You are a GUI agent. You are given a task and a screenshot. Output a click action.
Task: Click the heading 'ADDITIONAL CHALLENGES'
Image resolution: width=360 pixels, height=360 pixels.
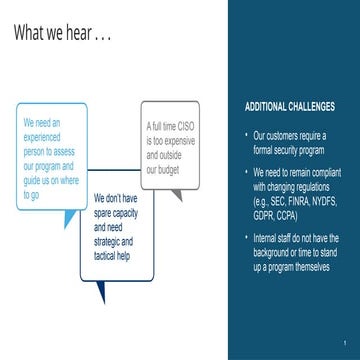(289, 106)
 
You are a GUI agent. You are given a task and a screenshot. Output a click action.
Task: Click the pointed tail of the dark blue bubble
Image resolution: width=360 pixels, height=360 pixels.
(100, 296)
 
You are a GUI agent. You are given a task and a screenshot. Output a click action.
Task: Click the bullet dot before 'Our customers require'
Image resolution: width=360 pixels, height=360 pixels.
(245, 135)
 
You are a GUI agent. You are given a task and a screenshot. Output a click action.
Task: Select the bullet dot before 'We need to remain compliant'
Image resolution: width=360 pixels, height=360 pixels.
(245, 172)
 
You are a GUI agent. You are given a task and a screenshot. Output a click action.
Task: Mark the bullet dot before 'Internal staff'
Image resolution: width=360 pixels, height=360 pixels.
(245, 238)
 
